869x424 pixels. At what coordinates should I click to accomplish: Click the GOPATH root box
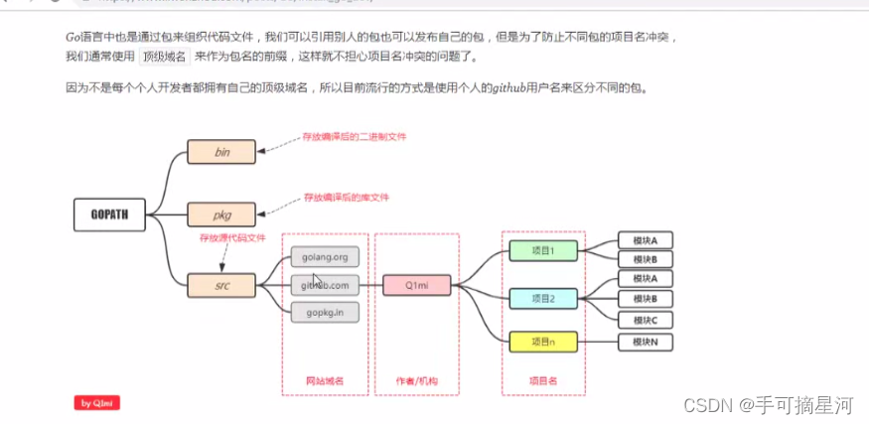[110, 212]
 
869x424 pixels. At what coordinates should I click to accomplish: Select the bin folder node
[221, 152]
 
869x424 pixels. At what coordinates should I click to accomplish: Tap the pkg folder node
[221, 213]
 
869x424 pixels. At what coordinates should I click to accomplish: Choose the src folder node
[221, 285]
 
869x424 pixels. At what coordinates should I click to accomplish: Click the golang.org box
[325, 257]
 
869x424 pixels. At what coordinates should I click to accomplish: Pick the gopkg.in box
[325, 312]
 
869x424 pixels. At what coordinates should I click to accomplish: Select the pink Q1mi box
[417, 285]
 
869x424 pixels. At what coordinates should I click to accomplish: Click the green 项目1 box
[542, 250]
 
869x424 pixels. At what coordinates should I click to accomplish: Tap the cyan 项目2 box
[542, 298]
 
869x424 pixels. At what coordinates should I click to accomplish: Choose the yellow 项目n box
[542, 342]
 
